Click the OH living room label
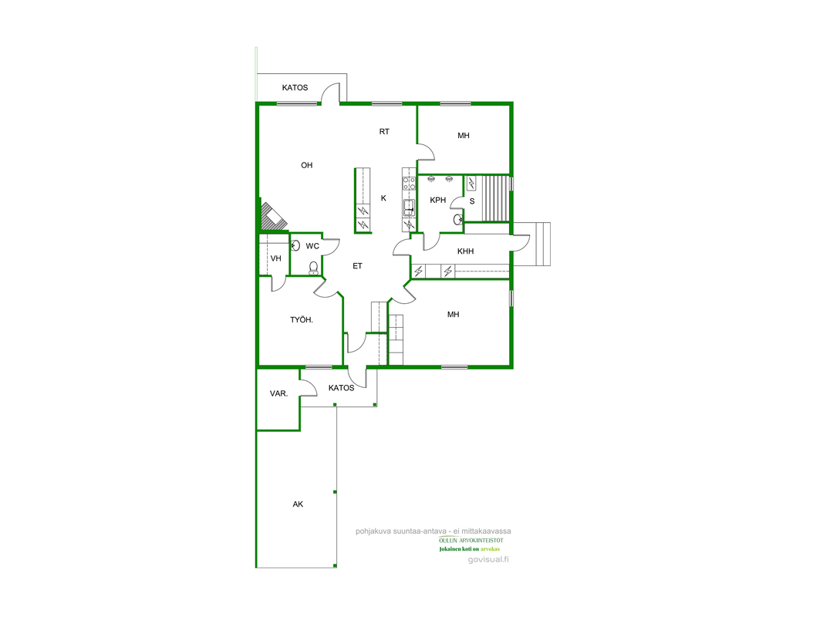pos(306,165)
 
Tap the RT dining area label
pos(384,132)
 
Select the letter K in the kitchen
pos(383,198)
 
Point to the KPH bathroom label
pos(438,200)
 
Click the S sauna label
pos(472,201)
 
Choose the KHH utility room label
pos(466,251)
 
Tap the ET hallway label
pos(357,266)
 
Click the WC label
pos(312,246)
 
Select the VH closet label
pos(275,258)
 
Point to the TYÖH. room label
pos(302,319)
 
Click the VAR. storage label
pos(278,393)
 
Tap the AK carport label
pos(298,504)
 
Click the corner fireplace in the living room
pos(274,215)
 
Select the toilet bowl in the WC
pos(313,268)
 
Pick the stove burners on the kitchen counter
pos(409,183)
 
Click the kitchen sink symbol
pos(409,207)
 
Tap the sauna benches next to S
pos(495,199)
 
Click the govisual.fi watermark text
pos(488,559)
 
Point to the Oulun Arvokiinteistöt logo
pos(471,544)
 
